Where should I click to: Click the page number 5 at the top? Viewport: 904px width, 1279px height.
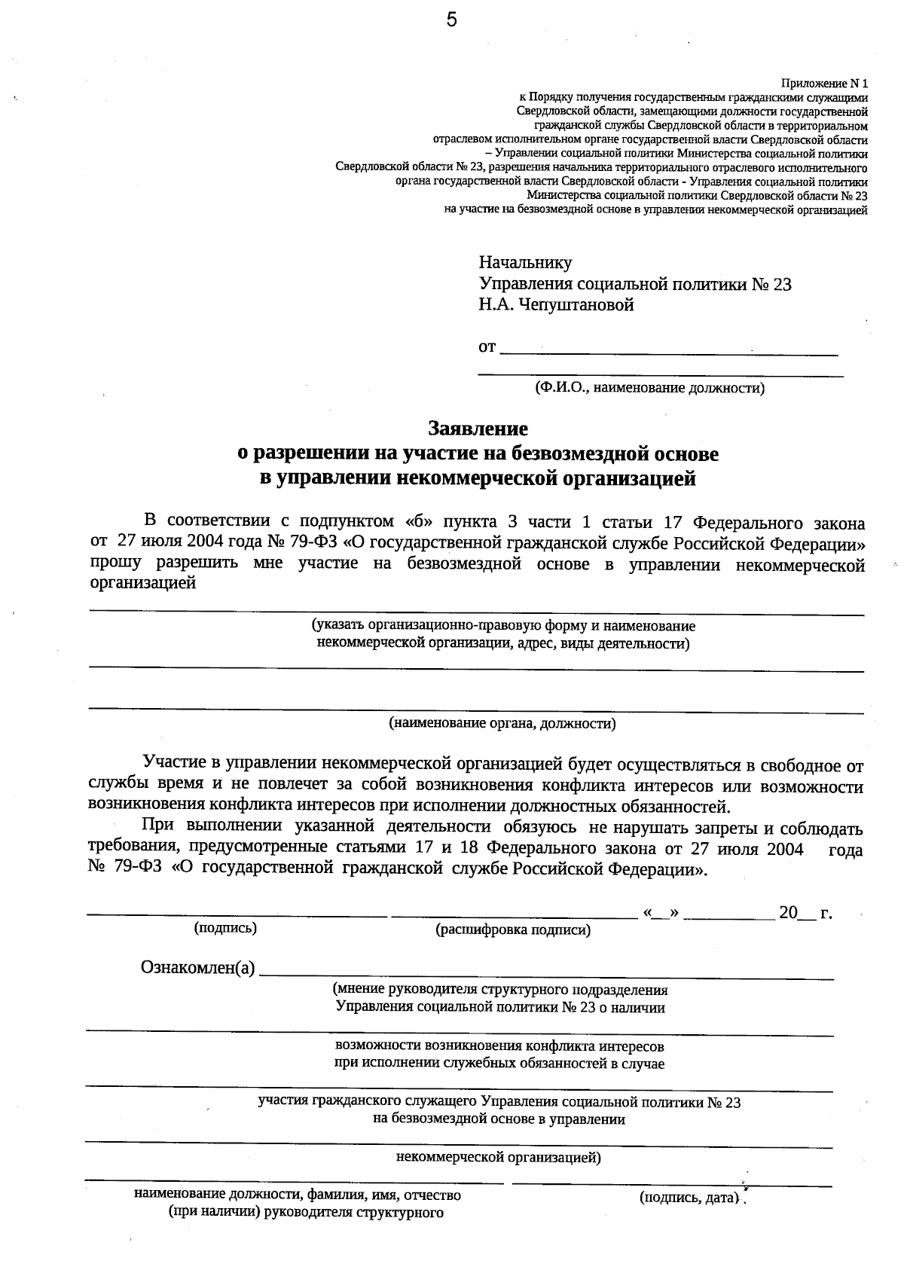[451, 20]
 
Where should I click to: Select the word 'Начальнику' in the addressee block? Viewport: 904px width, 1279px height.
[525, 263]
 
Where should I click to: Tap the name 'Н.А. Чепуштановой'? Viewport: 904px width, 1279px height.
[556, 305]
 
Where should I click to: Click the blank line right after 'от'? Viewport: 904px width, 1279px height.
[669, 350]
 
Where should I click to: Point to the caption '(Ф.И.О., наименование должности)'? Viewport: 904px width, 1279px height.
[649, 389]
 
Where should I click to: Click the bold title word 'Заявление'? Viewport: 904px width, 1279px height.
[478, 429]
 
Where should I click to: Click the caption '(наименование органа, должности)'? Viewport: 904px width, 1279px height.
[502, 724]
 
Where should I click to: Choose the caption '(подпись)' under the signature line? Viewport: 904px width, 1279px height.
[225, 928]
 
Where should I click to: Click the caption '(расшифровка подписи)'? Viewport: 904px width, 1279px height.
[513, 930]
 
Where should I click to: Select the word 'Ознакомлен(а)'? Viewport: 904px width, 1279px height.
[198, 968]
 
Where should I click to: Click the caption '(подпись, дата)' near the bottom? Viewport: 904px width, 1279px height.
[687, 1197]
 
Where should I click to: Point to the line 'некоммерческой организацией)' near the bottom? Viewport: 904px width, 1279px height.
[498, 1158]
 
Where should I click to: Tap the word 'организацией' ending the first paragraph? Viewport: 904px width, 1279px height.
[143, 584]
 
